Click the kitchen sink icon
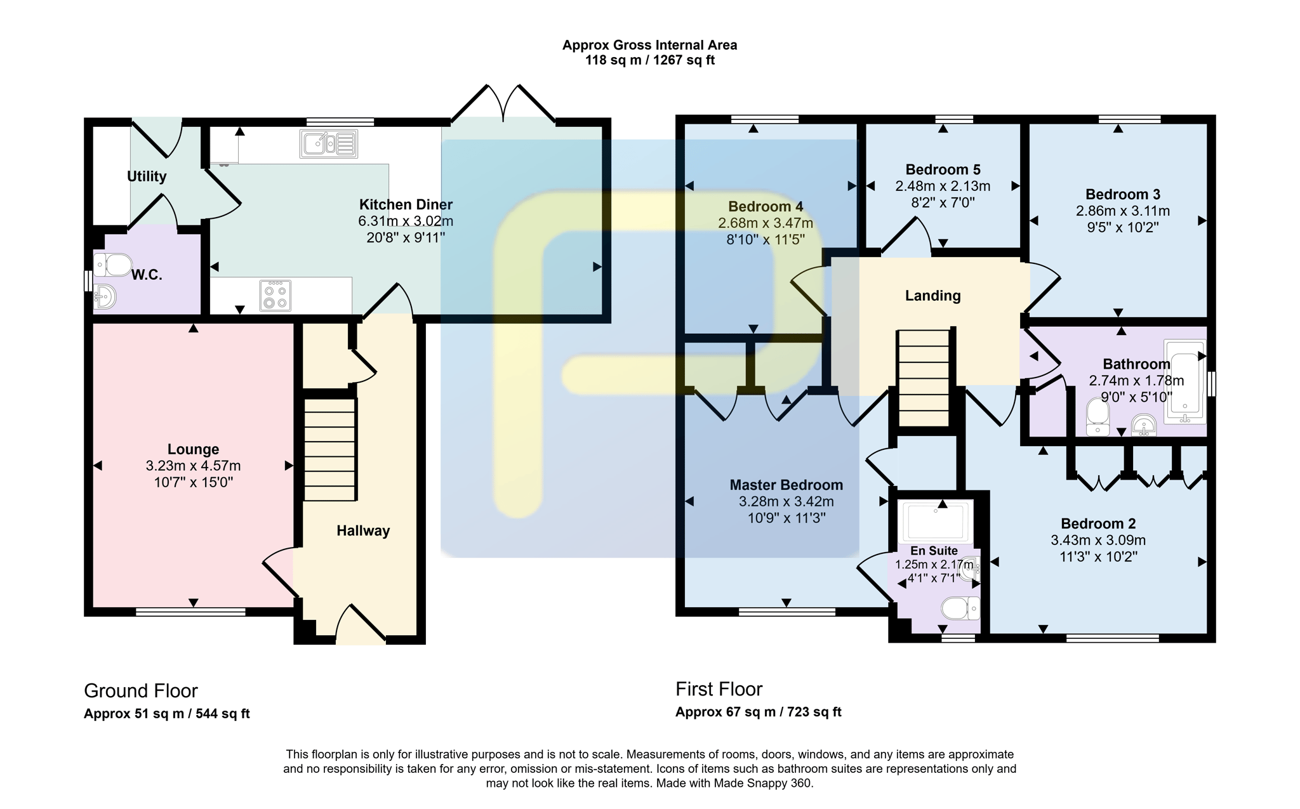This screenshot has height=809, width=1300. (x=329, y=144)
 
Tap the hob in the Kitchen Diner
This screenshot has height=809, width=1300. (x=275, y=296)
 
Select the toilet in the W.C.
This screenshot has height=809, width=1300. (x=112, y=265)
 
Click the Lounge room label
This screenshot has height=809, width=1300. (x=193, y=449)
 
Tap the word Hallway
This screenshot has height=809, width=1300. (x=363, y=530)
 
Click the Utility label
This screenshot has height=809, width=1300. (x=147, y=176)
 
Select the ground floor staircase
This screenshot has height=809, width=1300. (x=329, y=450)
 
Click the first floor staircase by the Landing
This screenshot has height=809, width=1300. (x=924, y=378)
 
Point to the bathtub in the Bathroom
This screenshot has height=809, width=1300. (x=1184, y=381)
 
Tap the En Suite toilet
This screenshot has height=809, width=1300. (x=960, y=608)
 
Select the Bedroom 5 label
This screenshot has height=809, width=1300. (x=943, y=169)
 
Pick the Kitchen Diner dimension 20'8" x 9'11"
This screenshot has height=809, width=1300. (x=406, y=237)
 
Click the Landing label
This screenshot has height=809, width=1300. (x=932, y=296)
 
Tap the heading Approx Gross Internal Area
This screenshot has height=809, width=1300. (x=649, y=45)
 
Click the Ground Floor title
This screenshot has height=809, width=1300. (x=141, y=690)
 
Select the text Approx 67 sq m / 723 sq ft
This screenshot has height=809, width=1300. (x=759, y=712)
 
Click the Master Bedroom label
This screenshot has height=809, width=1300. (x=786, y=485)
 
